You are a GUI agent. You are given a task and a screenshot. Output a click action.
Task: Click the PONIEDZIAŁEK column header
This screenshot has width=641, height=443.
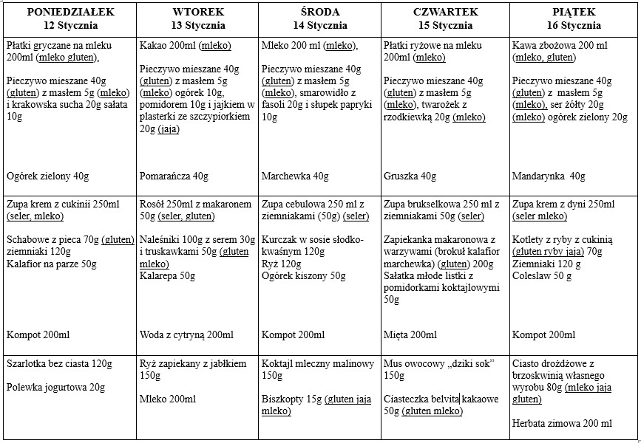tap(68, 12)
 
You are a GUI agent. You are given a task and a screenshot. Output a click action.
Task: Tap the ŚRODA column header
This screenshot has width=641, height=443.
tap(317, 12)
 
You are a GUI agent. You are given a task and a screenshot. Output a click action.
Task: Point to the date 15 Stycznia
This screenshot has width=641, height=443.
tap(446, 25)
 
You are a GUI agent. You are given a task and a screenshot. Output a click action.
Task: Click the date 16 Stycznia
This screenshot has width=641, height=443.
tap(572, 25)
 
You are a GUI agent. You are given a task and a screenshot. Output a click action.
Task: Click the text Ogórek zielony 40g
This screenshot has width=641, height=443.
tap(47, 176)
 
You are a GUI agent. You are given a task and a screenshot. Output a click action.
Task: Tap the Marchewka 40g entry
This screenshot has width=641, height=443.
tap(295, 176)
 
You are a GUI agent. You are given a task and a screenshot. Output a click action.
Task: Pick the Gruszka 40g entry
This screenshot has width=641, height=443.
tap(410, 176)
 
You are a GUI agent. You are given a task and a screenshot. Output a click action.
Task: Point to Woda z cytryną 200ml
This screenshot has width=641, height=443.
tap(186, 335)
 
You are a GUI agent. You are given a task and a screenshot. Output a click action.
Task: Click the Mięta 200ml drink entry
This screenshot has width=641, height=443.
tap(410, 335)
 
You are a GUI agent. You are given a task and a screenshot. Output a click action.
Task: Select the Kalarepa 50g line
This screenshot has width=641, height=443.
tap(167, 275)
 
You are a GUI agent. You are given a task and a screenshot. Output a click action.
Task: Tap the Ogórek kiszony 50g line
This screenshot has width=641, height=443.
tap(303, 275)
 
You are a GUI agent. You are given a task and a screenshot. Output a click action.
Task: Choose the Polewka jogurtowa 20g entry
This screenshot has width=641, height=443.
tap(55, 388)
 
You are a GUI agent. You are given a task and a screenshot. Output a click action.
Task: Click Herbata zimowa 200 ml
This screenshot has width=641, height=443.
tap(562, 424)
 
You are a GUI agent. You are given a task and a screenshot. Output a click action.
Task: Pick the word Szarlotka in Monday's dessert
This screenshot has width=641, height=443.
tap(27, 364)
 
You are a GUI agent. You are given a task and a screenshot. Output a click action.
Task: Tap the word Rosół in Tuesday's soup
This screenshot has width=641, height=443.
tap(153, 204)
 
